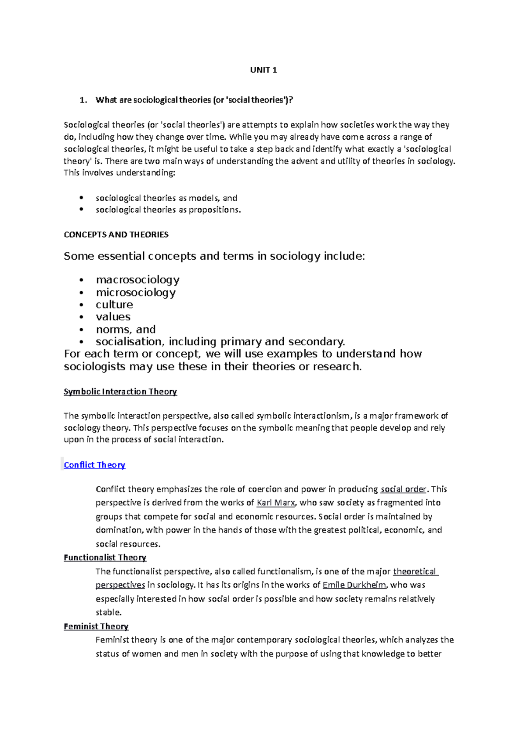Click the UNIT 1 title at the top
(263, 70)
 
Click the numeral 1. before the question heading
(83, 100)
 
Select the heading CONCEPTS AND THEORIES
(116, 235)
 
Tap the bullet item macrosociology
(137, 280)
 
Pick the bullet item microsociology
(136, 292)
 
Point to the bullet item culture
(114, 304)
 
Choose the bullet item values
(113, 317)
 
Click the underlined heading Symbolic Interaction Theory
(120, 391)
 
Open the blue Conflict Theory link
(94, 465)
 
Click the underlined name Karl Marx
(276, 503)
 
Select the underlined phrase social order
(403, 489)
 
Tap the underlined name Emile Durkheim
(354, 585)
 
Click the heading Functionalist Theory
(105, 558)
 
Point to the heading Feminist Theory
(96, 626)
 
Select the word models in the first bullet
(203, 198)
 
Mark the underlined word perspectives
(120, 585)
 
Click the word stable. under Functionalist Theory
(108, 612)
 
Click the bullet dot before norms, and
(81, 330)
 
